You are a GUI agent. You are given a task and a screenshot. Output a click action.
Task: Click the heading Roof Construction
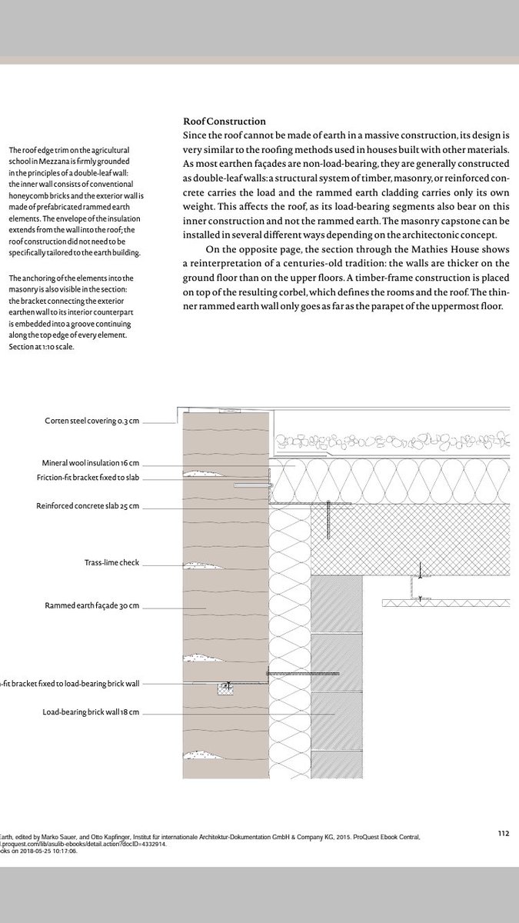pyautogui.click(x=225, y=122)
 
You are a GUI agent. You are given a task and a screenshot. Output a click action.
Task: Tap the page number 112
pyautogui.click(x=504, y=832)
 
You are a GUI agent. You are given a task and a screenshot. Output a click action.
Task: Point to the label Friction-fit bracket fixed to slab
pyautogui.click(x=88, y=478)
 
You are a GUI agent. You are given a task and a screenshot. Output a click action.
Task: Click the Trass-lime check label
pyautogui.click(x=111, y=563)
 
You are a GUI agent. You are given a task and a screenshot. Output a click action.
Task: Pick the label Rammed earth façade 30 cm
pyautogui.click(x=92, y=606)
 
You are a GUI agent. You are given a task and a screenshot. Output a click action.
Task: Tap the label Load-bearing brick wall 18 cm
pyautogui.click(x=91, y=712)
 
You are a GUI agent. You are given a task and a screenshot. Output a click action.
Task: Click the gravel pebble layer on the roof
pyautogui.click(x=392, y=444)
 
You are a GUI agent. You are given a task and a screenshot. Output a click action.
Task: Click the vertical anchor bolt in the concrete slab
pyautogui.click(x=328, y=519)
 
